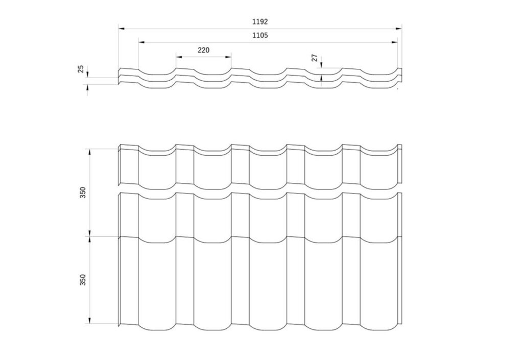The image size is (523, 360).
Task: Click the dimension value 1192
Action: tap(260, 22)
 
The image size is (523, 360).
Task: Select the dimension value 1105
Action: tap(260, 36)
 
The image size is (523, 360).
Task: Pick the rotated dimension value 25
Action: tap(81, 69)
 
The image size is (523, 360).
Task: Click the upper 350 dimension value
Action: tap(83, 193)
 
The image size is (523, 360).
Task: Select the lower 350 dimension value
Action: tap(83, 280)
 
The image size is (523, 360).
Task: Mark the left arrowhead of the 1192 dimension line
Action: tap(121, 29)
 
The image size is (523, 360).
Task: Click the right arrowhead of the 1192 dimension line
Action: tap(399, 29)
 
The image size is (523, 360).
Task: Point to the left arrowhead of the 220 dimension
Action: tap(178, 56)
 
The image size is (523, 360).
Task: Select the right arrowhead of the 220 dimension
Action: tap(228, 56)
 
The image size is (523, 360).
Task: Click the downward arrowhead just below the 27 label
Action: tap(321, 65)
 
